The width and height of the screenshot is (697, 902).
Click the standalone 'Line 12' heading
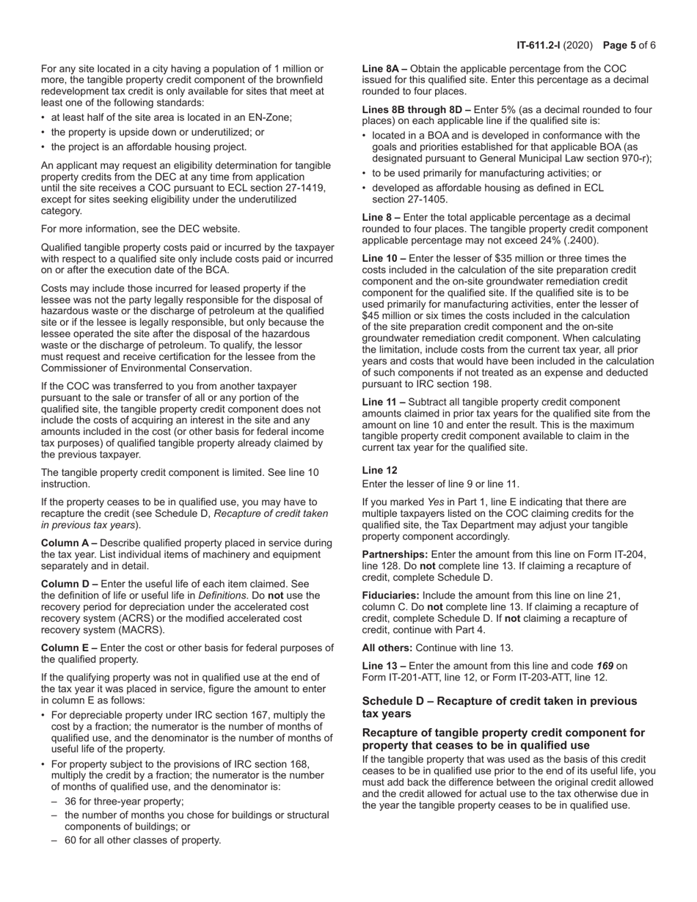(x=380, y=470)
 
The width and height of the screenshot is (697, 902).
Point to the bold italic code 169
(x=605, y=666)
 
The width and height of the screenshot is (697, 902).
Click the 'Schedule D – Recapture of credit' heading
(x=500, y=701)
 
